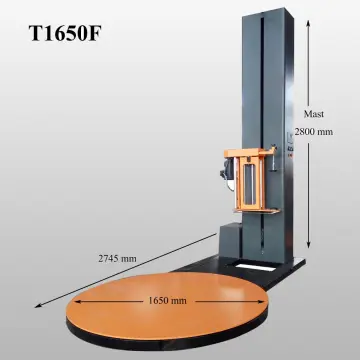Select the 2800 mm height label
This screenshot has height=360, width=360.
pos(317,132)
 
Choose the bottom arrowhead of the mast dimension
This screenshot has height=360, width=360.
pos(307,245)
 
